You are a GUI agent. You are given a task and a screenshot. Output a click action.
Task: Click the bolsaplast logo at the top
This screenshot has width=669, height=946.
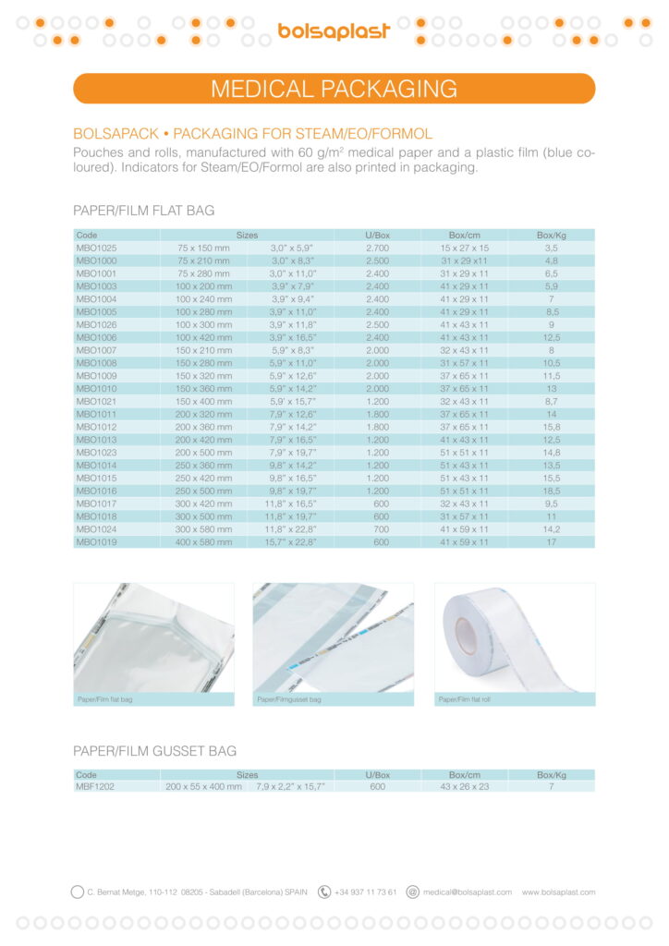334,31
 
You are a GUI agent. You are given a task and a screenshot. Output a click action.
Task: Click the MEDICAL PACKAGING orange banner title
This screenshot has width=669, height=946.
334,89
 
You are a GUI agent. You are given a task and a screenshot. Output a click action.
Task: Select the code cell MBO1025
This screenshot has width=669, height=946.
96,249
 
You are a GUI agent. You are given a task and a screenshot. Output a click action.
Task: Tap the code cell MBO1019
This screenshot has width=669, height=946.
96,542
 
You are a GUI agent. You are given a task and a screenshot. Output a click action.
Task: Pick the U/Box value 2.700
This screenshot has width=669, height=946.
377,249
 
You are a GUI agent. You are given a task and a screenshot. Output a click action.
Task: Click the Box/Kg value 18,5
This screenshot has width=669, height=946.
551,491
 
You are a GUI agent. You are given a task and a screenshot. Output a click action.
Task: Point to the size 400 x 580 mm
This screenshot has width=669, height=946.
203,542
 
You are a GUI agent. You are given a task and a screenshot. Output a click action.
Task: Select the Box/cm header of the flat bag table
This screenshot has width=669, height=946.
465,236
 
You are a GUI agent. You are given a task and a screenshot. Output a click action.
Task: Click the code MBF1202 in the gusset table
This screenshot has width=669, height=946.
95,786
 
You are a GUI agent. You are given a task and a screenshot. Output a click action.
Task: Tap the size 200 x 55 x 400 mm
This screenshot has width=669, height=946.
203,786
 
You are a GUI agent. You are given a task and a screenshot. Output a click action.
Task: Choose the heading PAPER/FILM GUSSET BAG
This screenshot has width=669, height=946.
154,751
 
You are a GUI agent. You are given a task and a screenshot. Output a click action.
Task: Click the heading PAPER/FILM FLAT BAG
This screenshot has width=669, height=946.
143,211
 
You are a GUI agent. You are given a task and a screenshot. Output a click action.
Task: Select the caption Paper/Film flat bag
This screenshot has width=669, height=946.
104,700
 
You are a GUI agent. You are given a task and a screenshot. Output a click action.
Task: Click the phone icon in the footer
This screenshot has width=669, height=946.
324,892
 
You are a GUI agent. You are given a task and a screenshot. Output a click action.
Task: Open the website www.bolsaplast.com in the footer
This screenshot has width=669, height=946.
558,892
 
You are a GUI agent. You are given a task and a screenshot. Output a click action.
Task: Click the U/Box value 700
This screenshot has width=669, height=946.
377,530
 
